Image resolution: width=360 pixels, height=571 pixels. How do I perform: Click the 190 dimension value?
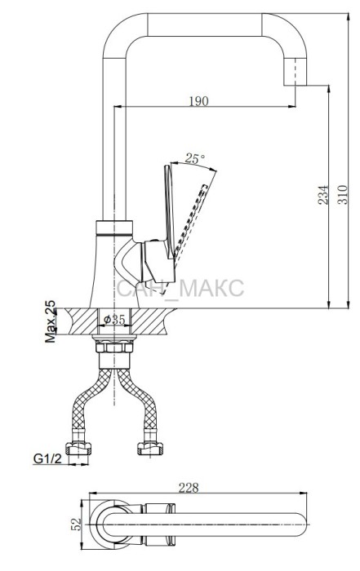(x=199, y=101)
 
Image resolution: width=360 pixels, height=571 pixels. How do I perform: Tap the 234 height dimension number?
(x=322, y=195)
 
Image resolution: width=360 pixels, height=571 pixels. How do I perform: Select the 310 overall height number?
(x=342, y=195)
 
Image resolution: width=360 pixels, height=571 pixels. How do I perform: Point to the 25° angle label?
(x=195, y=158)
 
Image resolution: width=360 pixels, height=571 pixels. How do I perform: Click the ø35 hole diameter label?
(x=114, y=320)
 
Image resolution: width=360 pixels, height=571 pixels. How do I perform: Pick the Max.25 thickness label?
(x=51, y=321)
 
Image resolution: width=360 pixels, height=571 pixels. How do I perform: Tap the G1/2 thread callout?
(x=47, y=458)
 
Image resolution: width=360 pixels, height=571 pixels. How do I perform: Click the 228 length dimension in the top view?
(x=189, y=488)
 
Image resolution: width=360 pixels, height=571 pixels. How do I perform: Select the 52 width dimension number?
(x=77, y=525)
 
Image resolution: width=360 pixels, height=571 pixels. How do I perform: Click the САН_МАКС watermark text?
(x=180, y=288)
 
